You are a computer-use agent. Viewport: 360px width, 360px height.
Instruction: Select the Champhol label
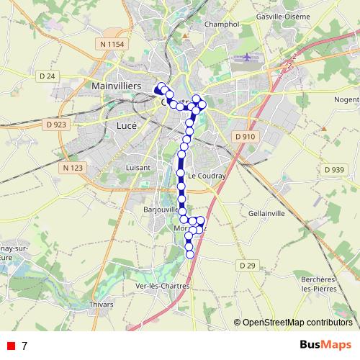pos(221,24)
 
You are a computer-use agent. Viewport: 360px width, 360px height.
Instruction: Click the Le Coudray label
pos(207,176)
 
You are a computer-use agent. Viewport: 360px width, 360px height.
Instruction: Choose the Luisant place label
pos(138,167)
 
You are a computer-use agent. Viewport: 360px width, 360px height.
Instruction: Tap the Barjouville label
pos(161,210)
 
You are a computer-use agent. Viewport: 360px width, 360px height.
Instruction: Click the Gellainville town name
pos(266,214)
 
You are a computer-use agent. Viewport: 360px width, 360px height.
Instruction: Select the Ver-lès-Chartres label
pos(163,285)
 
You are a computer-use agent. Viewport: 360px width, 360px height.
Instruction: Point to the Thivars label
pos(101,305)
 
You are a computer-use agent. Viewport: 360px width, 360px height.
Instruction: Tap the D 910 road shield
pos(245,136)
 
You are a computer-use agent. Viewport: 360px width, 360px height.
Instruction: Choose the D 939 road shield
pos(334,169)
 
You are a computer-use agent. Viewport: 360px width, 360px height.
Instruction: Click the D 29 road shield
pos(247,266)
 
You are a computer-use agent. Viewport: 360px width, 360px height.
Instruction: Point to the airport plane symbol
pos(248,57)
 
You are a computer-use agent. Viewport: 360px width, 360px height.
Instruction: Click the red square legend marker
pos(10,346)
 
